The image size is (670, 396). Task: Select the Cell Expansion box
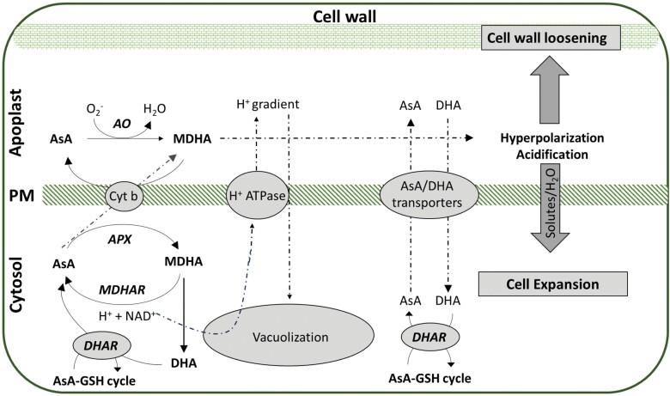(549, 283)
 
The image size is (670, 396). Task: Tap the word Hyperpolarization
(550, 137)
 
